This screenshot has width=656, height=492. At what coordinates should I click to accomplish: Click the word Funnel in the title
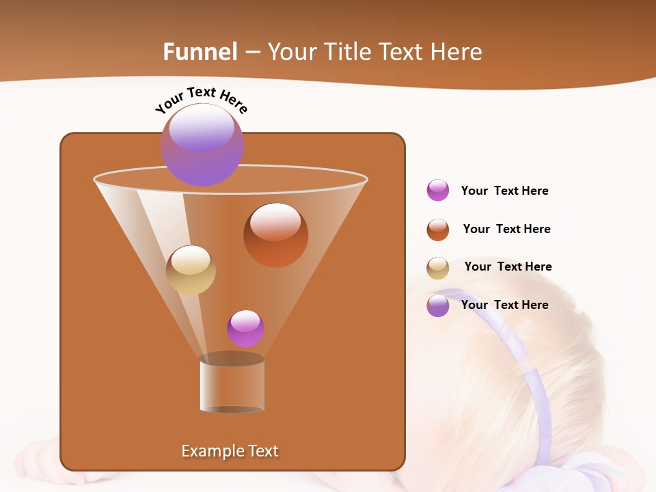click(200, 52)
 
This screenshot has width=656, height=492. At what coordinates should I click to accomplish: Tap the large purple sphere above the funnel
click(202, 144)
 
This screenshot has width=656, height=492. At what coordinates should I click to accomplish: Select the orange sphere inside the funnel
click(275, 234)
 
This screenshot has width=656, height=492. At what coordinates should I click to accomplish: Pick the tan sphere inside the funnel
click(191, 270)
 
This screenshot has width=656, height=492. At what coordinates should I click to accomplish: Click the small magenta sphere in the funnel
click(245, 328)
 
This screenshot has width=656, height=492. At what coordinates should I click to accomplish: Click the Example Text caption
click(230, 451)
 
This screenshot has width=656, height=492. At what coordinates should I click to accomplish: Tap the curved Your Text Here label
click(201, 100)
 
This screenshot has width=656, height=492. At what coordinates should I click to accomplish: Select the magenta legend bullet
click(438, 190)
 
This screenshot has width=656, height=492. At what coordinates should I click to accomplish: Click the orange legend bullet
click(438, 230)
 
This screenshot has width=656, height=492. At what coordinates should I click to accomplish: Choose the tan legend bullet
click(438, 268)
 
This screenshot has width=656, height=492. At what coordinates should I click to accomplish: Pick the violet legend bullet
click(438, 305)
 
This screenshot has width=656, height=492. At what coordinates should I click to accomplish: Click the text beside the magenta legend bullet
click(504, 191)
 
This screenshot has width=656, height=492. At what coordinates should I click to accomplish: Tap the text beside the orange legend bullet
click(506, 229)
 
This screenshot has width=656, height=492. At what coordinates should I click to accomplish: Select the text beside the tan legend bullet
click(508, 266)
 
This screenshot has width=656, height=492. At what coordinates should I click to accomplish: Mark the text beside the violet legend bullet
click(504, 305)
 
